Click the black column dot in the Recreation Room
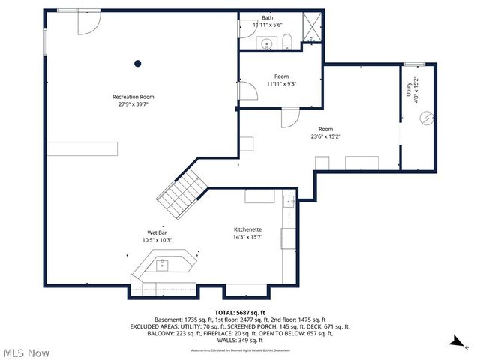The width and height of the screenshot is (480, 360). click(137, 64)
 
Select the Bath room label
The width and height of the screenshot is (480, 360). click(268, 18)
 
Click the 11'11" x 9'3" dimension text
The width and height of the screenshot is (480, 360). click(281, 84)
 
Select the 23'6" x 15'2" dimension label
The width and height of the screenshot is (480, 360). click(325, 136)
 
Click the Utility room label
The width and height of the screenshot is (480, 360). click(409, 89)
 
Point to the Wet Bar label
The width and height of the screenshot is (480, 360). click(157, 232)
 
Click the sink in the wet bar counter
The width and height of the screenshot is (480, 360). click(162, 263)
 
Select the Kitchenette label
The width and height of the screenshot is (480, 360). click(247, 229)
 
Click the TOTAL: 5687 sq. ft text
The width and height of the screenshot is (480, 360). click(239, 312)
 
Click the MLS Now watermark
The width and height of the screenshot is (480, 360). click(26, 352)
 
